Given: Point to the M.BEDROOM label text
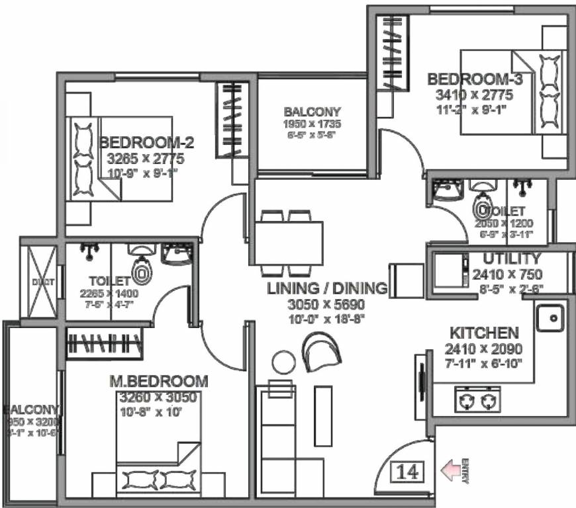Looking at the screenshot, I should coord(158,382).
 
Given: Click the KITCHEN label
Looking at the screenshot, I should coord(484,332).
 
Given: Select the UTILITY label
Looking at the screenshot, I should coord(511,259).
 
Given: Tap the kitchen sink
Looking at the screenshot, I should coord(550,319).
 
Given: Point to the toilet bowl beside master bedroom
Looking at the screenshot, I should coord(141,270).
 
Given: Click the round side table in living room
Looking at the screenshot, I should coord(283,362).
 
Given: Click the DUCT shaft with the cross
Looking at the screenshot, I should coord(38,280).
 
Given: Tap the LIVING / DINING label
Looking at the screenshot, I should coord(327,288).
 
